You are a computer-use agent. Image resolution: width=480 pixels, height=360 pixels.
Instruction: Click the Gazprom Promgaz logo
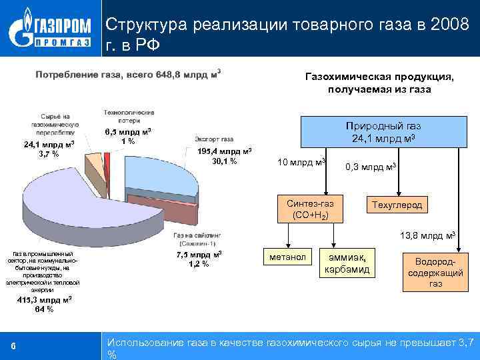[x=49, y=29]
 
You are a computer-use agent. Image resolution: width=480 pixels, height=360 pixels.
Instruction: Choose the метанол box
[x=288, y=257]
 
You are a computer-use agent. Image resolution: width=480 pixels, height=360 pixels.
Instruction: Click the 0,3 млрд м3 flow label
[x=371, y=167]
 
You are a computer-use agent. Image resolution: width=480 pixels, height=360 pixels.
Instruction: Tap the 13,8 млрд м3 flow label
[x=427, y=236]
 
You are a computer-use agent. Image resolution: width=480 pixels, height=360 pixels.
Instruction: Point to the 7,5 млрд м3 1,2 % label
[x=199, y=259]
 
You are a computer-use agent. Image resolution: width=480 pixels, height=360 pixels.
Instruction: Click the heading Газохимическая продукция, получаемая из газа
[x=379, y=83]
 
